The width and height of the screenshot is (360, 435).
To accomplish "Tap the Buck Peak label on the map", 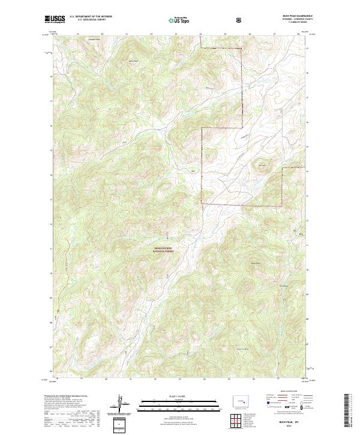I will (255, 262).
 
